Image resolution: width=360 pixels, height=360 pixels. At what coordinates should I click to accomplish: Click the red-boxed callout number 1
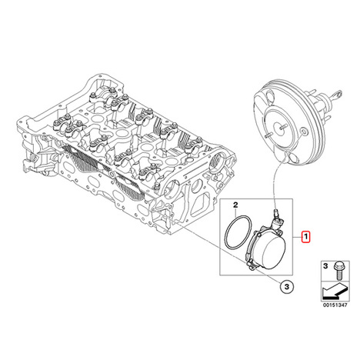tap(306, 237)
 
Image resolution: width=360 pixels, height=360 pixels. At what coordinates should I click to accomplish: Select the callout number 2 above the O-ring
tap(235, 205)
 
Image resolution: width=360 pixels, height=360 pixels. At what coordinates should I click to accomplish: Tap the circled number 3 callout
tap(287, 287)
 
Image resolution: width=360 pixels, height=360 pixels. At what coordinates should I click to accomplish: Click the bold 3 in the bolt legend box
tap(325, 266)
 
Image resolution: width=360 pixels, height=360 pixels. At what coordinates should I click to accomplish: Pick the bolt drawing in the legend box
tap(338, 271)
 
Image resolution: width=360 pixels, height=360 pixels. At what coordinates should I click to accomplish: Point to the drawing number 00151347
tap(335, 305)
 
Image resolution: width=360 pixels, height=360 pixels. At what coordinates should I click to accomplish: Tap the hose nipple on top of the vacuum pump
tap(277, 214)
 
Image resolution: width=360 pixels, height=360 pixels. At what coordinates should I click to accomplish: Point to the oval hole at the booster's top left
tap(270, 97)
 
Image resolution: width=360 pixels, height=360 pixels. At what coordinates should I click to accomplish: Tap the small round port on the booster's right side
tap(304, 132)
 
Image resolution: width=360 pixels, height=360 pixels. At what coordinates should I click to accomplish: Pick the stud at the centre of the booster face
tap(283, 127)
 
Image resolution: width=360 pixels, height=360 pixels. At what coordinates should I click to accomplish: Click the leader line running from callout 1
tap(298, 237)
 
